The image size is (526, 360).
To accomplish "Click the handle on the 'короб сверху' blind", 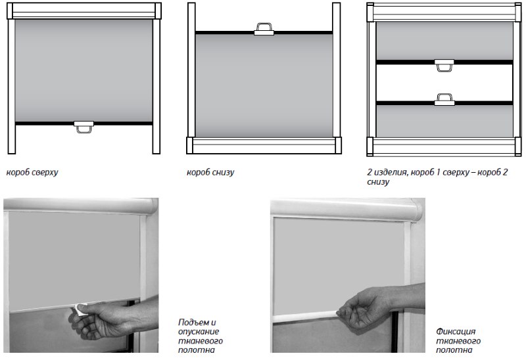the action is click(x=84, y=126).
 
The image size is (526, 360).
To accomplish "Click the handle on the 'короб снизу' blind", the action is click(x=264, y=30).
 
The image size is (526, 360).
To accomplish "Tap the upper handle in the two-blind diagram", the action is click(x=444, y=65).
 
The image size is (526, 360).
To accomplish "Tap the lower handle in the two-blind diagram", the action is click(x=444, y=100).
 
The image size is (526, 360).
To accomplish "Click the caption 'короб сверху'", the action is click(x=32, y=172).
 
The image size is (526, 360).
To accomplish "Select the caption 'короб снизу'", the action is click(x=210, y=172).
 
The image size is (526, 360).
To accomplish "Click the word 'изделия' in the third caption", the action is click(x=391, y=172).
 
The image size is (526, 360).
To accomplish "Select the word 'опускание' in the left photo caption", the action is click(x=199, y=332).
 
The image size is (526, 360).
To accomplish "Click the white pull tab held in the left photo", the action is click(x=81, y=309).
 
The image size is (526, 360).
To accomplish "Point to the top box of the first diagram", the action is click(x=84, y=11).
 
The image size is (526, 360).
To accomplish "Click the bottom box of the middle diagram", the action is click(x=264, y=145).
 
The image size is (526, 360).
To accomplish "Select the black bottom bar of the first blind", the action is click(x=84, y=124).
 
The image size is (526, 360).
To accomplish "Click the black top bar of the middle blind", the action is click(x=264, y=32).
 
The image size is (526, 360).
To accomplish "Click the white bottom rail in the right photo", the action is click(x=305, y=317).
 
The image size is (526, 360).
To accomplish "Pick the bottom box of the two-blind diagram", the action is click(x=444, y=146).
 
